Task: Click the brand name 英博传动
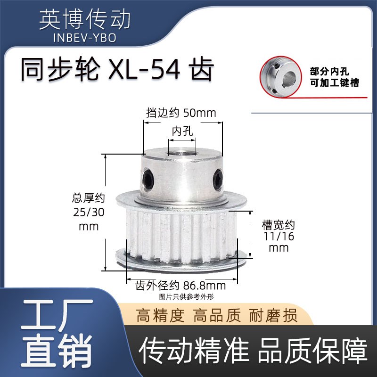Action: tap(84, 19)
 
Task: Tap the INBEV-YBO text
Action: tap(84, 38)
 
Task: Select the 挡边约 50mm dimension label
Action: tap(181, 113)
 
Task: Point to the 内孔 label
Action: tap(183, 131)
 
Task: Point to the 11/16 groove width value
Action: tap(278, 237)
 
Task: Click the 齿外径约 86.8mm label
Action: tap(180, 286)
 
